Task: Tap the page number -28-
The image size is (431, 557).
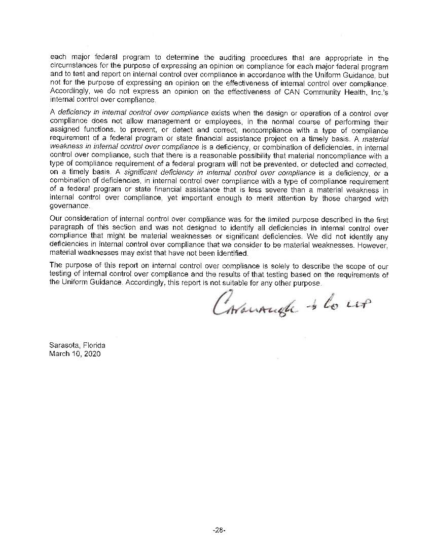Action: pyautogui.click(x=219, y=530)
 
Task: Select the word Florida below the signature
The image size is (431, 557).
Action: pyautogui.click(x=94, y=345)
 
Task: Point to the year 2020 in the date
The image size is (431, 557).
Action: pyautogui.click(x=92, y=353)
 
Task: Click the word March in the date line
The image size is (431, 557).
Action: pyautogui.click(x=60, y=353)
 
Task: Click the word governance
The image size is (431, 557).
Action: pyautogui.click(x=69, y=206)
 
